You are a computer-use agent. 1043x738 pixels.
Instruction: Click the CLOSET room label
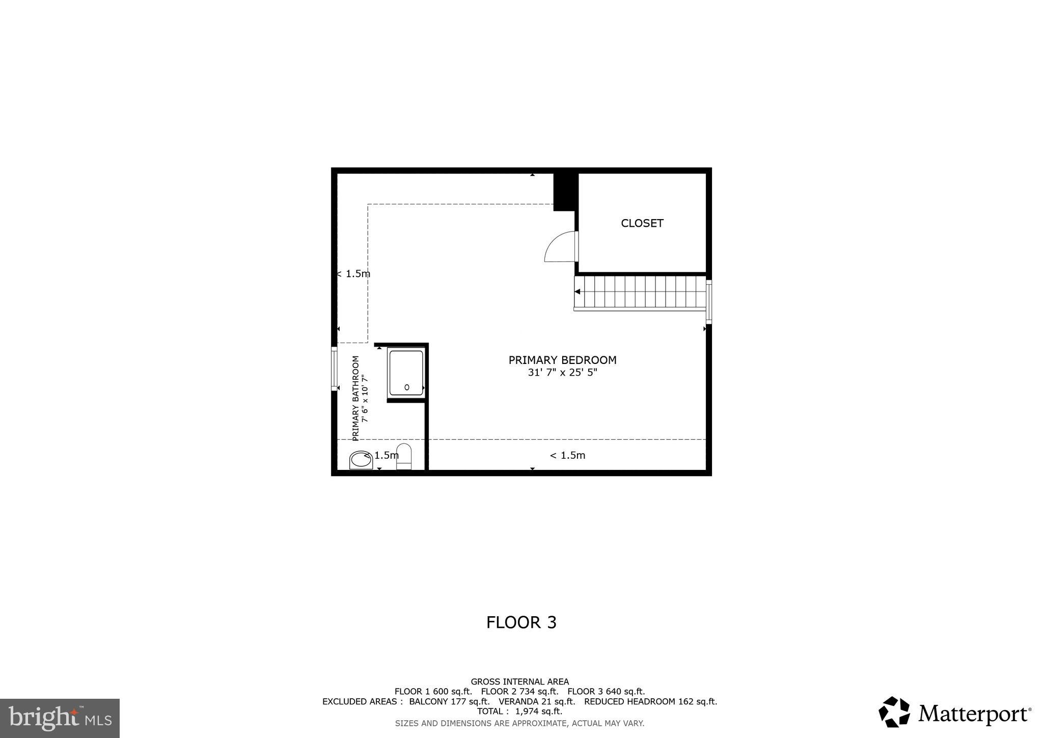pyautogui.click(x=642, y=223)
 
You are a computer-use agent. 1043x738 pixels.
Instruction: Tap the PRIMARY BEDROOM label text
pyautogui.click(x=562, y=360)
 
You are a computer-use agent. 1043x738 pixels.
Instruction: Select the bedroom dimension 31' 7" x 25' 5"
pyautogui.click(x=562, y=373)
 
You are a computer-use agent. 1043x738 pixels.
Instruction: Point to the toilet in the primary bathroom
pyautogui.click(x=403, y=456)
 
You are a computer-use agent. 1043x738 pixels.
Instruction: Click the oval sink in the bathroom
pyautogui.click(x=361, y=460)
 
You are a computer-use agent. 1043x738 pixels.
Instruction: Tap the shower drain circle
pyautogui.click(x=406, y=387)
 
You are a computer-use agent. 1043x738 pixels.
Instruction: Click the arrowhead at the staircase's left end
pyautogui.click(x=578, y=292)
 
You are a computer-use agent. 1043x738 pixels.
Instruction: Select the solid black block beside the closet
pyautogui.click(x=564, y=192)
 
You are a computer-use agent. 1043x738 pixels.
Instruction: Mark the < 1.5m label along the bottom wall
pyautogui.click(x=567, y=456)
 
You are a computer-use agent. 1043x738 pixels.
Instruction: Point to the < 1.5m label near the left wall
pyautogui.click(x=353, y=274)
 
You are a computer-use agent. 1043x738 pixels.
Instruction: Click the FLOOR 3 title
pyautogui.click(x=521, y=622)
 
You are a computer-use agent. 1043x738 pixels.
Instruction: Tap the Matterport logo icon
pyautogui.click(x=894, y=711)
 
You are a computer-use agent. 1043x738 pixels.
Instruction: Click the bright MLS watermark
pyautogui.click(x=60, y=718)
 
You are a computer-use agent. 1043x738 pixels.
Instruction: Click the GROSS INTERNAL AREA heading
pyautogui.click(x=519, y=681)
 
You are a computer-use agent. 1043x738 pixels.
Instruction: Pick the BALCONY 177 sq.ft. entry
pyautogui.click(x=449, y=701)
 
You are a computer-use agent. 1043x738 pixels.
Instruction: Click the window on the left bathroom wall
pyautogui.click(x=334, y=368)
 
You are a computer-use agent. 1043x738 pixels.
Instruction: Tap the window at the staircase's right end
pyautogui.click(x=708, y=302)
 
